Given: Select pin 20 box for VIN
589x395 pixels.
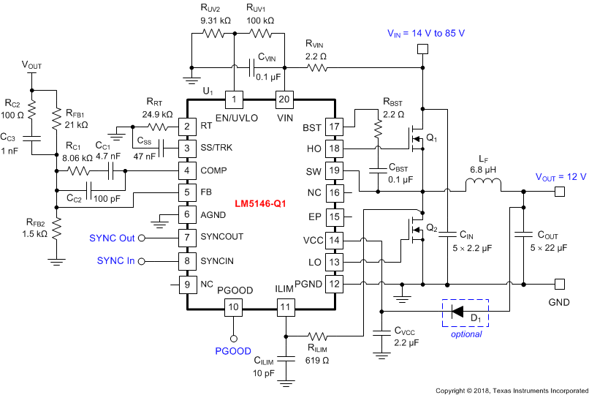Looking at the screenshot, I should tap(284, 99).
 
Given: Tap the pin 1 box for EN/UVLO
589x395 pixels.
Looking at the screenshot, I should tap(233, 99).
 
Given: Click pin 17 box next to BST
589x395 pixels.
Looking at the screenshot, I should tap(334, 127).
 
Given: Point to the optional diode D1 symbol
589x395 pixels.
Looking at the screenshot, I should tap(458, 312).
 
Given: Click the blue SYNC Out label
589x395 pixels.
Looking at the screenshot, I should tap(113, 238).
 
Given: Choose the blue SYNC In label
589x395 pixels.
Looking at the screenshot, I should tap(116, 261).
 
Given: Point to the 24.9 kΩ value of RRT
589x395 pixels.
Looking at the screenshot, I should tap(157, 115).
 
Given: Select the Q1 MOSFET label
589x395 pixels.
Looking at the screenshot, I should tap(431, 137).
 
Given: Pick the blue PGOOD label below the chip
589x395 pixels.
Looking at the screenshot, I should tap(233, 352).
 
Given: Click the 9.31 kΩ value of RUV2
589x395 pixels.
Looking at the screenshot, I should tap(215, 20).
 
